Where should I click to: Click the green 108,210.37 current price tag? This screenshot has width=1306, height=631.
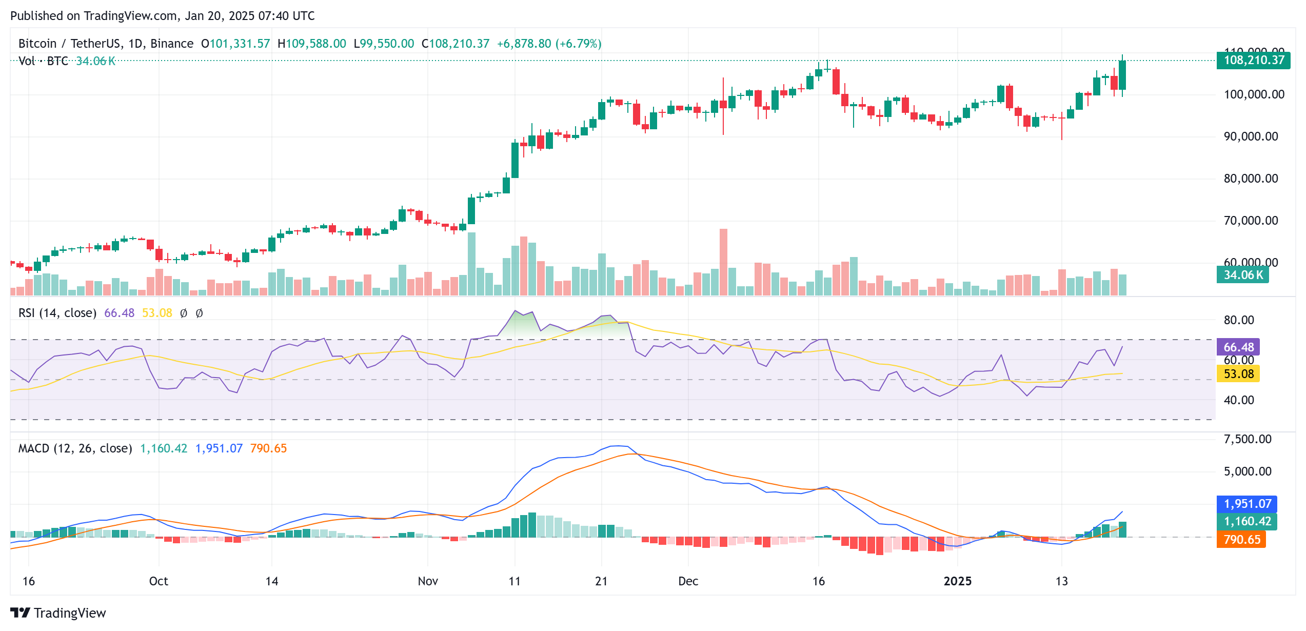(x=1253, y=61)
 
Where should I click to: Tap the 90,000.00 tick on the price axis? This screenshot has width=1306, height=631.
(x=1251, y=136)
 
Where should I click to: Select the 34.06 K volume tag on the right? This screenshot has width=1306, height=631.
(x=1242, y=275)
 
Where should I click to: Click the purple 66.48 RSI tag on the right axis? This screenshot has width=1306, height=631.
(x=1238, y=347)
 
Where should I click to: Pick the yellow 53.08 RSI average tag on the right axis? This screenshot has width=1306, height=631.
(x=1238, y=374)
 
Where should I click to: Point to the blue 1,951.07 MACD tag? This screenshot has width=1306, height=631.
(x=1247, y=504)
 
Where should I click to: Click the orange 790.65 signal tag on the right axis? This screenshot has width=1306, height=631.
(x=1241, y=540)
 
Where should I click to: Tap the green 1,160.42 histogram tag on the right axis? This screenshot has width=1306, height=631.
(x=1247, y=522)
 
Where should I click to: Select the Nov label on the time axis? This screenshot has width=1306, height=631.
(x=428, y=581)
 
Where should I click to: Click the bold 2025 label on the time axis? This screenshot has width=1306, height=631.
(x=957, y=581)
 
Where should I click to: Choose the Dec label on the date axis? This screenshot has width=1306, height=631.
(x=688, y=581)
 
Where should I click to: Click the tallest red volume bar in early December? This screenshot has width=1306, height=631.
(x=723, y=262)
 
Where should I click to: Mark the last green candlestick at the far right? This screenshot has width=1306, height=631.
(x=1122, y=75)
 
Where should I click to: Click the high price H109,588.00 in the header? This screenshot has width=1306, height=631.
(x=312, y=44)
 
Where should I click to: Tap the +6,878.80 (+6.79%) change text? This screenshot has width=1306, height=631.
(x=549, y=44)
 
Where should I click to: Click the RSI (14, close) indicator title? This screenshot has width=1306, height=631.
(x=57, y=313)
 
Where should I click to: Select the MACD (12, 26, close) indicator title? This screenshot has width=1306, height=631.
(x=75, y=448)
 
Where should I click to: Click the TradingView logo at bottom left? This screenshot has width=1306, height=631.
(x=58, y=613)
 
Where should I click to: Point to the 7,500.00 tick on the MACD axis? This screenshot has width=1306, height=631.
(x=1248, y=439)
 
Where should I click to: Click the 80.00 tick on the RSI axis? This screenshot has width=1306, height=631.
(x=1238, y=320)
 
